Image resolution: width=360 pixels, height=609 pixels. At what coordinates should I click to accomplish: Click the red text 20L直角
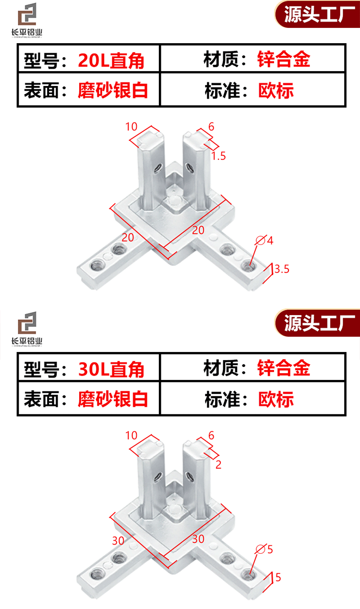tap(111, 61)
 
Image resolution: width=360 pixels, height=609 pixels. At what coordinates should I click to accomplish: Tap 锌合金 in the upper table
tap(284, 60)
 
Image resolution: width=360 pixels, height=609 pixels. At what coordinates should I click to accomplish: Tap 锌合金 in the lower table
tap(284, 368)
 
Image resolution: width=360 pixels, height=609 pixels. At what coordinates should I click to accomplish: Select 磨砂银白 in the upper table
tap(113, 90)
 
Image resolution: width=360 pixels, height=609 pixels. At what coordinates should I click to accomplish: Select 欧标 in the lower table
tap(276, 399)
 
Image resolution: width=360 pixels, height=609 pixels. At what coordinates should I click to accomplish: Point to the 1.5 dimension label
tap(218, 156)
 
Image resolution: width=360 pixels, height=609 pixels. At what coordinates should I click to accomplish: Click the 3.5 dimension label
tap(282, 269)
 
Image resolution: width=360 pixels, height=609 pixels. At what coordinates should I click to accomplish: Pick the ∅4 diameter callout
tap(265, 240)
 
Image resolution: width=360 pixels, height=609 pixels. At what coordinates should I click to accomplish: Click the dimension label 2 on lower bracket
tap(218, 464)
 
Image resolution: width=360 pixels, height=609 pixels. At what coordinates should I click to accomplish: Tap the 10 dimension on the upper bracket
tap(132, 127)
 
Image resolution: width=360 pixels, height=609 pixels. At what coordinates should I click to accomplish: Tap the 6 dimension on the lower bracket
tap(211, 435)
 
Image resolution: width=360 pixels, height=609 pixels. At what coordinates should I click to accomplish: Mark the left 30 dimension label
tap(118, 540)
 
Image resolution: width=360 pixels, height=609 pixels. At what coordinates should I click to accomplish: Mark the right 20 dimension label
tap(198, 231)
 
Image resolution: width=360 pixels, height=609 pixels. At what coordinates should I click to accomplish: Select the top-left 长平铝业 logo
tap(27, 20)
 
